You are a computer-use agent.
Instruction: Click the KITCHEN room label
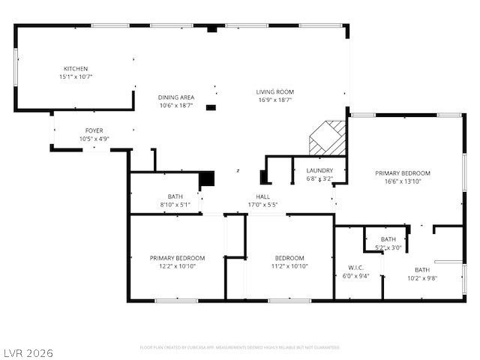point(76,68)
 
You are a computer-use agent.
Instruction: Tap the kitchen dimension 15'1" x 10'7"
point(76,76)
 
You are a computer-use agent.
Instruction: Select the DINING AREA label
point(176,97)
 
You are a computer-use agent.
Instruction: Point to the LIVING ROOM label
point(274,91)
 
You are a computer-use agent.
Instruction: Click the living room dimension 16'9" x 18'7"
point(274,100)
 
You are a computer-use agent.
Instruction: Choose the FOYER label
point(94,130)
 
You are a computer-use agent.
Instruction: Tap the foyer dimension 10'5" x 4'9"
point(94,139)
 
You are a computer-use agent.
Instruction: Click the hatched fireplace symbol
point(328,137)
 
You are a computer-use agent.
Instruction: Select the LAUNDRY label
point(319,171)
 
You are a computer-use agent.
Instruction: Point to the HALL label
point(262,196)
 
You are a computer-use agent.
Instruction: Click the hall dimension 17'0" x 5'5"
point(262,204)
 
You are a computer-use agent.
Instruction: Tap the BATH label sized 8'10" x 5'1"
point(175,196)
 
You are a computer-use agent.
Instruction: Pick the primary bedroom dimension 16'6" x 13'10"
point(403,181)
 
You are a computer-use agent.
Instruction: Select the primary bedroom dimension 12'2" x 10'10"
point(177,266)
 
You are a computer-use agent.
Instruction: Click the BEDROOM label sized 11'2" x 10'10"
point(289,258)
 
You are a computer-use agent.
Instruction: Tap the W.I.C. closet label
point(355,267)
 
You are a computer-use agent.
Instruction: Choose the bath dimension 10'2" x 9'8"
point(422,278)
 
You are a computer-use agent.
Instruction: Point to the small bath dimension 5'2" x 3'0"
point(388,247)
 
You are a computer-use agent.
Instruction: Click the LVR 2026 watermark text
point(28,351)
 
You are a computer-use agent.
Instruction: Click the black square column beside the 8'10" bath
point(207,179)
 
